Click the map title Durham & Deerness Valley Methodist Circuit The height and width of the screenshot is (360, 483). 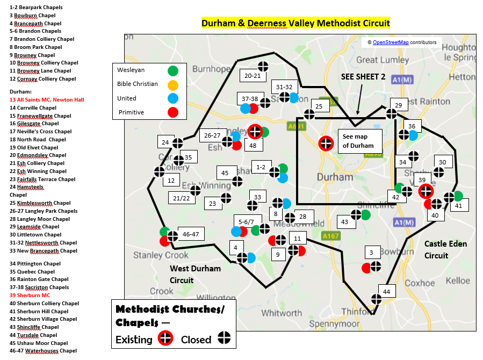pos(295,23)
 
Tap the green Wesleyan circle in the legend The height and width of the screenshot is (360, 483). pos(173,70)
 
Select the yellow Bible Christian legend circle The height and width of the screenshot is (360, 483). pos(173,84)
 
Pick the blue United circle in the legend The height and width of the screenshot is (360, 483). pos(173,98)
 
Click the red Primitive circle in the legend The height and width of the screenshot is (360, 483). pos(173,112)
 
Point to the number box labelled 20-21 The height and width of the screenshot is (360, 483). pos(252,76)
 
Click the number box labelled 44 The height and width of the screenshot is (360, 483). pos(386,292)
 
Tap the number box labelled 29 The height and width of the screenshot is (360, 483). pos(398,106)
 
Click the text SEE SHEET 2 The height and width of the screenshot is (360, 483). pos(363,77)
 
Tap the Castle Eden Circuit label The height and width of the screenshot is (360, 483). pos(445,249)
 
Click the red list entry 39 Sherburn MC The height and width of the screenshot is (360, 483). pos(30,296)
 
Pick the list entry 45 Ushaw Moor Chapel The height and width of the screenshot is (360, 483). pos(39,343)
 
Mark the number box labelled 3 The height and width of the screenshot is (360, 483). pos(371,252)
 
